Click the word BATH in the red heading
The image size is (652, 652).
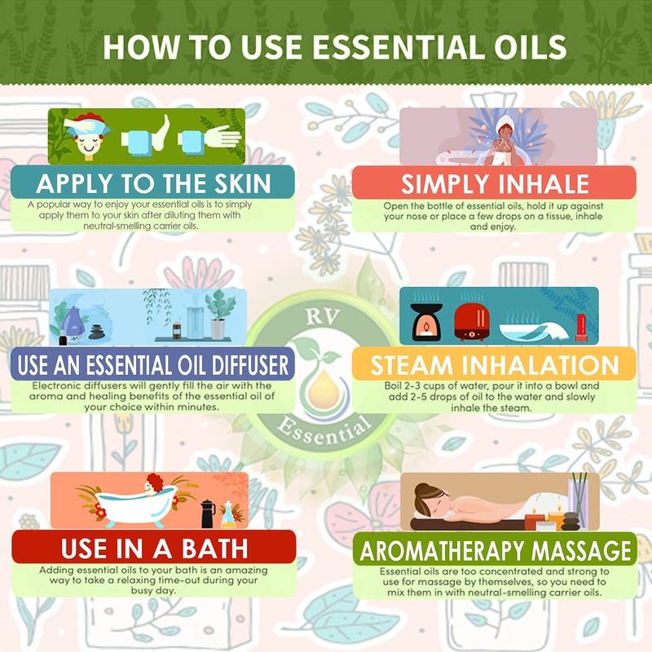[x=208, y=547]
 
